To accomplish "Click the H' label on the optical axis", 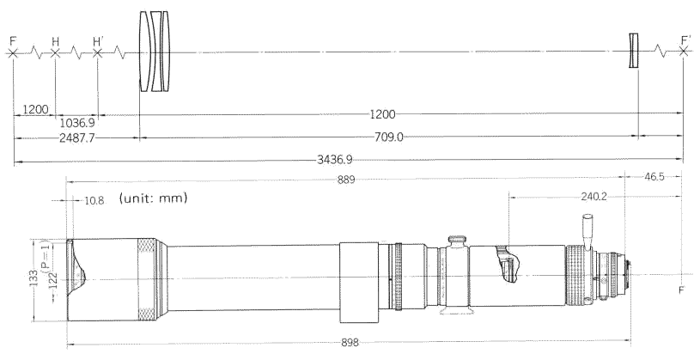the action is (x=98, y=41).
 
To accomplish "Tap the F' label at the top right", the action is (x=686, y=40).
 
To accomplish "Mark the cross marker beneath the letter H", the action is (x=55, y=53).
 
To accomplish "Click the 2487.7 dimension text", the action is (x=76, y=138).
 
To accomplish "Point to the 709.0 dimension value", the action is (x=389, y=137).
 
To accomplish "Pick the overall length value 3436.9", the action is (x=334, y=159).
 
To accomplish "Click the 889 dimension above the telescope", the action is (x=346, y=180).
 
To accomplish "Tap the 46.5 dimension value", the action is (x=654, y=176).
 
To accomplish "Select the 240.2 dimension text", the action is (x=593, y=196).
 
